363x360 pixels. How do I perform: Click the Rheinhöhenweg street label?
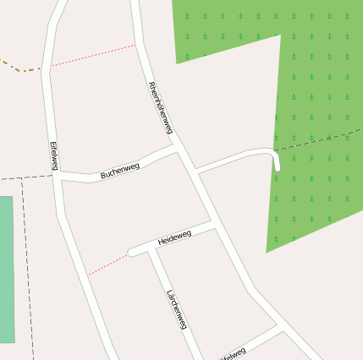click(160, 108)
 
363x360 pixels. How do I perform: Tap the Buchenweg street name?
click(119, 169)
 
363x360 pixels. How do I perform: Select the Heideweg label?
click(175, 237)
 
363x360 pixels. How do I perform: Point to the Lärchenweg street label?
click(176, 309)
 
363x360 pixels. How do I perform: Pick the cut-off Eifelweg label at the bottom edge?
click(234, 354)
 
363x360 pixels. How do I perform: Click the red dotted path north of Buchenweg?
click(93, 55)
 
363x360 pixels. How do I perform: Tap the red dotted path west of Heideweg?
click(107, 263)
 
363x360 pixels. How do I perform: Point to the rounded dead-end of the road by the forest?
click(276, 166)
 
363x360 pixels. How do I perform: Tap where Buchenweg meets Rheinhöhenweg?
click(176, 147)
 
